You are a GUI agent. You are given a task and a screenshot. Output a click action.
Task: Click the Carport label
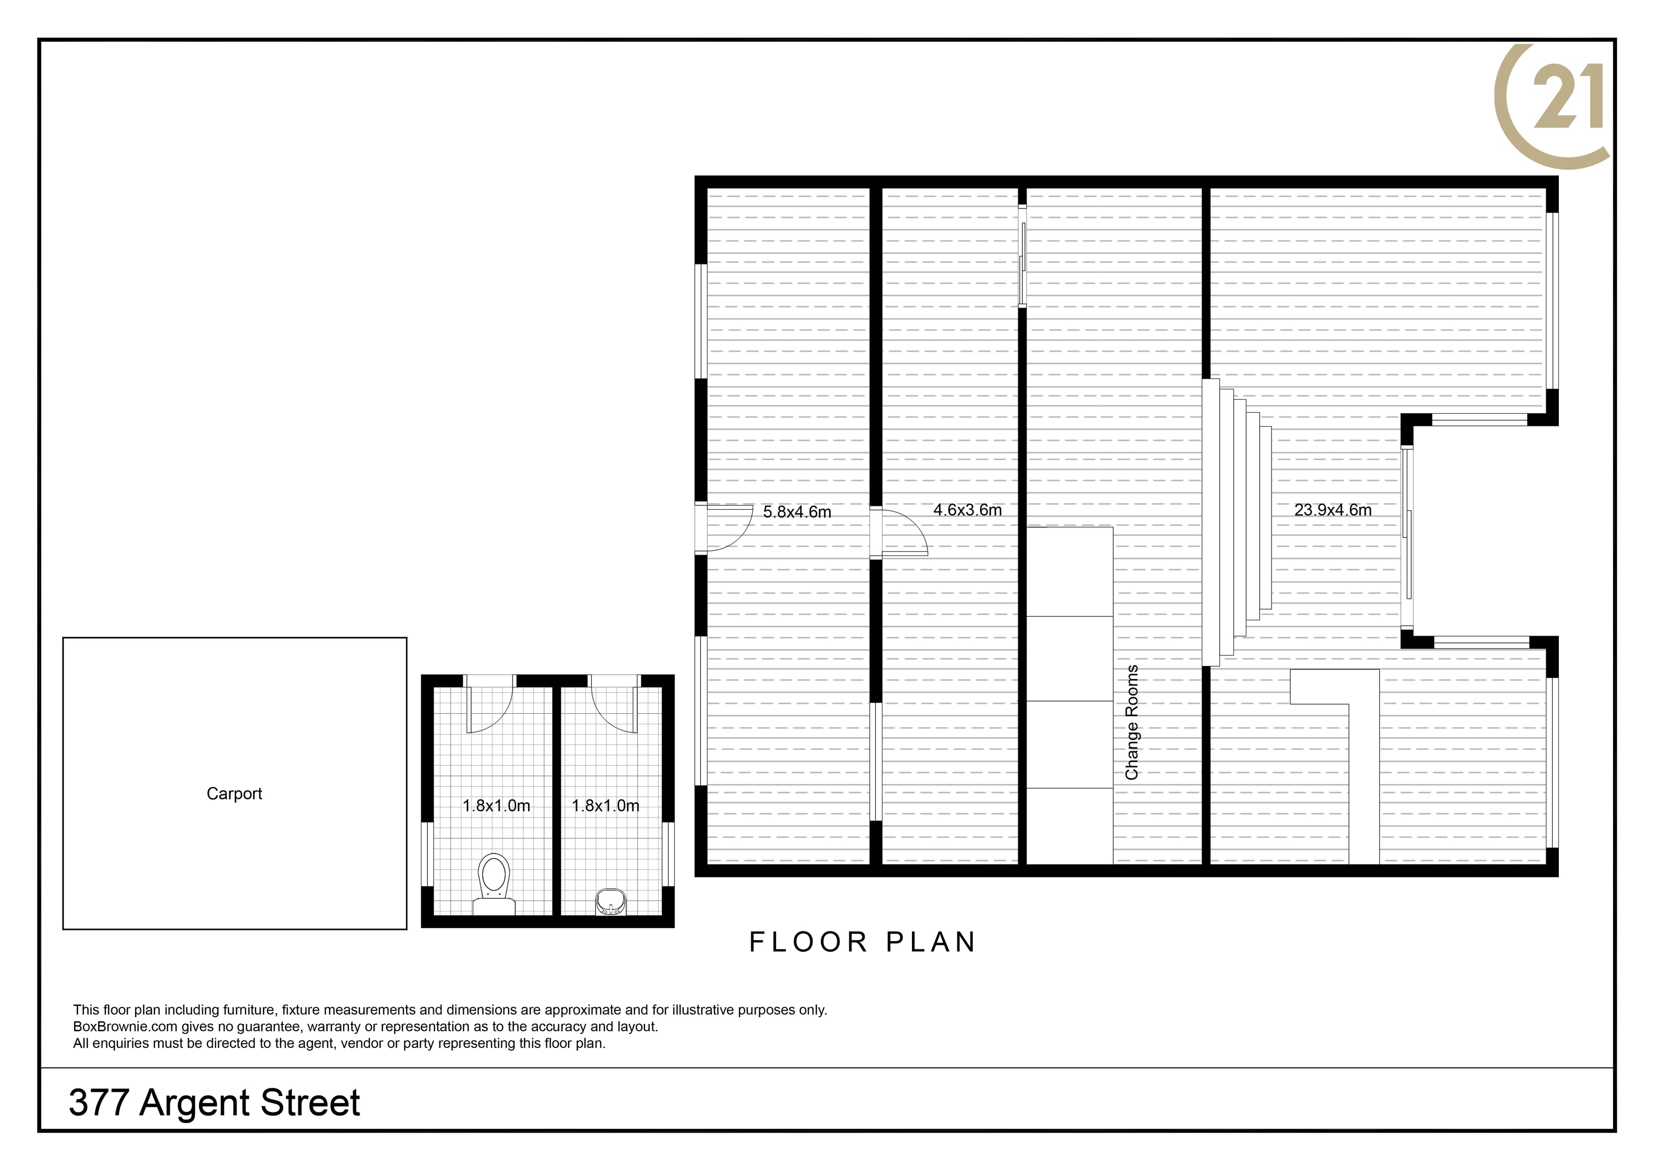[234, 794]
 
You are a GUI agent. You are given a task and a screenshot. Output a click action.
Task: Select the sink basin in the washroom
[611, 902]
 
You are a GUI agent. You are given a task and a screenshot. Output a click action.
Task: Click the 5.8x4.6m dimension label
[797, 512]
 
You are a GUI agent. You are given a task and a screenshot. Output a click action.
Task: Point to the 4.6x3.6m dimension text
[967, 510]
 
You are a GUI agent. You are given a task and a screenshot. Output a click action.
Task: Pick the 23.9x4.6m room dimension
[1333, 510]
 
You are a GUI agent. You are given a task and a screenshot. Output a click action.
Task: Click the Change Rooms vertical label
[1132, 722]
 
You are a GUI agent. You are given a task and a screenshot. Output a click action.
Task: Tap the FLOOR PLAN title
[863, 942]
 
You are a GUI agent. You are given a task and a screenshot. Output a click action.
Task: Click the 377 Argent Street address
[214, 1103]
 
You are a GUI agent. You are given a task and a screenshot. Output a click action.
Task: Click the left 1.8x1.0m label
[496, 806]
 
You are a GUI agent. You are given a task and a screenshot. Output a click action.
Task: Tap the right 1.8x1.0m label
[606, 806]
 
